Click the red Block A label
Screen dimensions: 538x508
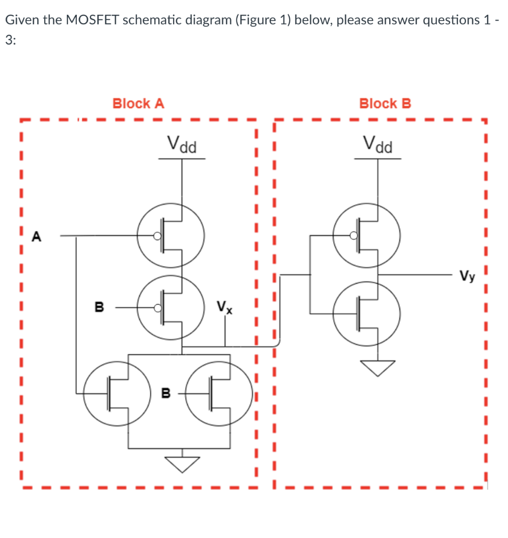click(138, 104)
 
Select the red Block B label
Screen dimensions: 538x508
click(385, 104)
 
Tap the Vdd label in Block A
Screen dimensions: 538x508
click(181, 143)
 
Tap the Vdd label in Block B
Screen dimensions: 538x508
click(378, 143)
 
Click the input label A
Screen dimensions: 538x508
click(36, 237)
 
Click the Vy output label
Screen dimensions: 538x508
click(468, 275)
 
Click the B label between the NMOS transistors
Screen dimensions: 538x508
click(166, 392)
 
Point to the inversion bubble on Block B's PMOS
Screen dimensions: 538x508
click(354, 236)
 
